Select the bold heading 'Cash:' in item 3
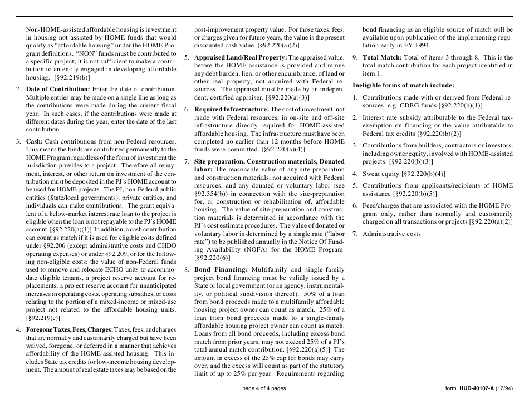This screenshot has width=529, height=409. click(35, 142)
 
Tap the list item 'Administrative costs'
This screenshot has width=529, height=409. click(391, 234)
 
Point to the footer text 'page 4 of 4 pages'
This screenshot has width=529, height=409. click(264, 388)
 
